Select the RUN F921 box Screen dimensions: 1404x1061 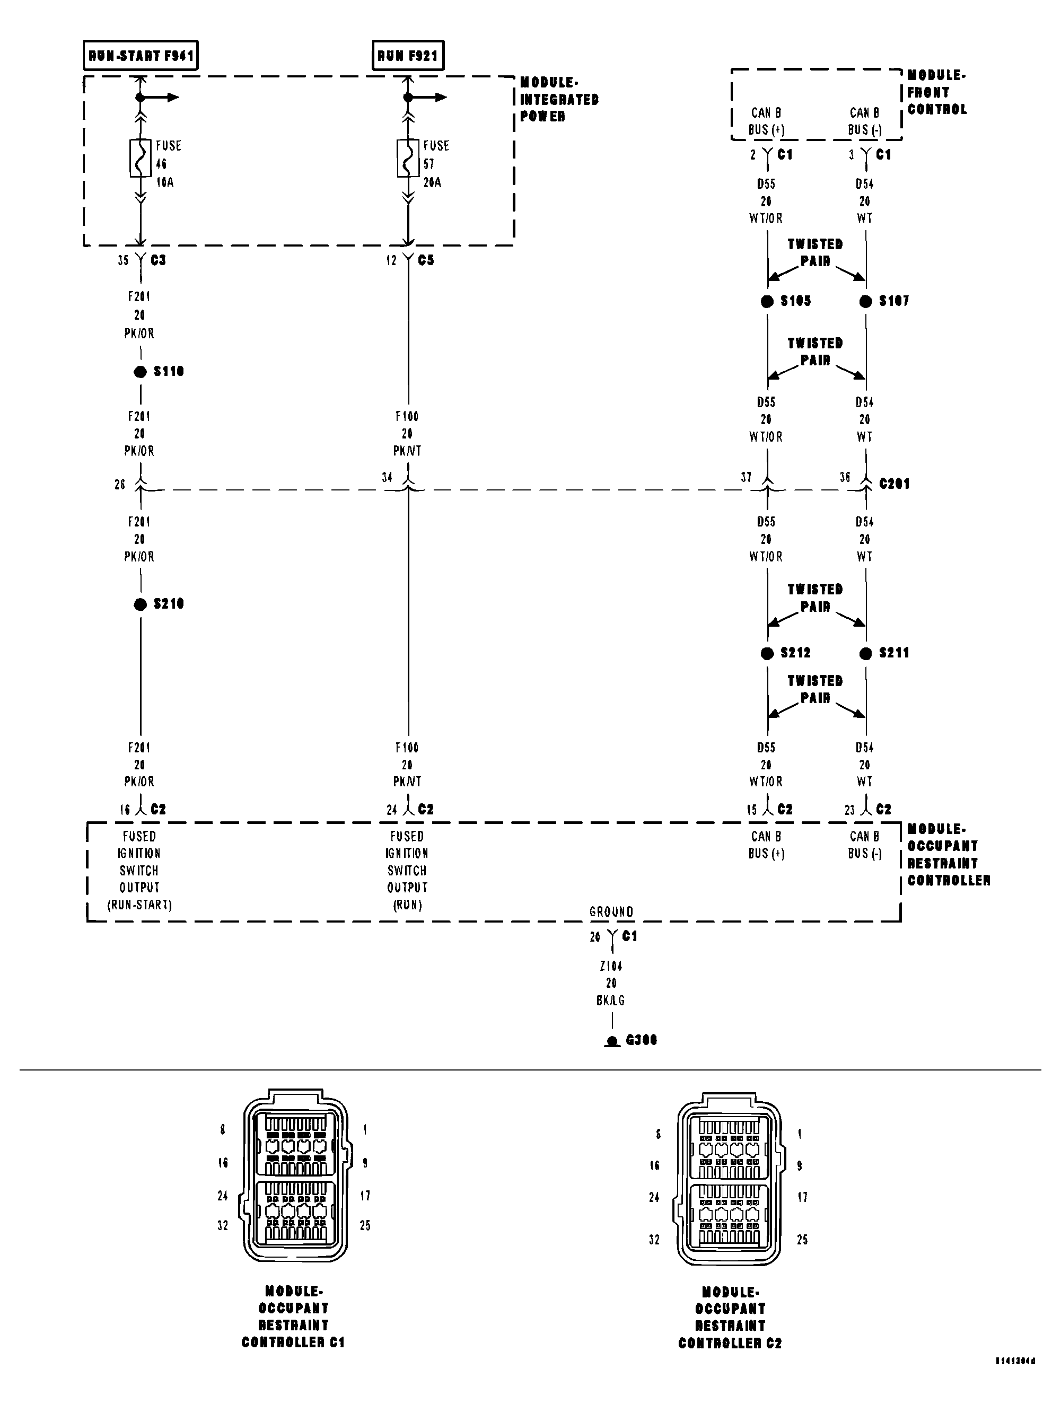(408, 55)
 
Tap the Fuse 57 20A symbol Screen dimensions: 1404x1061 (408, 157)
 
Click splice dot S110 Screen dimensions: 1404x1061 (140, 372)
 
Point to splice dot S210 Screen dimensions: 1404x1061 (140, 604)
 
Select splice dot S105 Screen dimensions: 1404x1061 (767, 302)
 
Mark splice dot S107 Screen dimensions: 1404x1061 (865, 302)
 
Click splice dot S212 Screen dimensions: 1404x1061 (767, 653)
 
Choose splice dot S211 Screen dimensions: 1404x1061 (865, 653)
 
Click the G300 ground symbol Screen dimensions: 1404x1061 (612, 1041)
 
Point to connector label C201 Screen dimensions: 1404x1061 (894, 484)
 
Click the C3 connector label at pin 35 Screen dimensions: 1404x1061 (158, 260)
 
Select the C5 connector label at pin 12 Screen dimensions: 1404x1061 (426, 260)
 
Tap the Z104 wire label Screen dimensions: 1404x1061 (611, 966)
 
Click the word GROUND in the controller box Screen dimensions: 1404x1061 (611, 912)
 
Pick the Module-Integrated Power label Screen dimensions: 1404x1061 (558, 100)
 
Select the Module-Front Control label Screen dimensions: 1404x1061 (936, 93)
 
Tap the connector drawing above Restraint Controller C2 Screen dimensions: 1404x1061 (729, 1179)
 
